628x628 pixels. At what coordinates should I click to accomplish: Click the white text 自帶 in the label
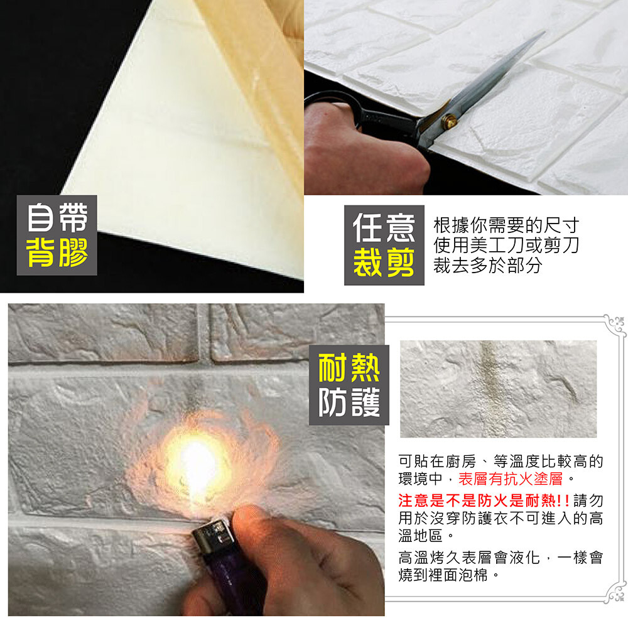57,217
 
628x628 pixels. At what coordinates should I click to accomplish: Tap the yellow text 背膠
57,252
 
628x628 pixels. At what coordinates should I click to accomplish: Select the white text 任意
384,227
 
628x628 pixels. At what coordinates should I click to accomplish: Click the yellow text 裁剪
384,262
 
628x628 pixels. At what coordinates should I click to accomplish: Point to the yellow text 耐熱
349,367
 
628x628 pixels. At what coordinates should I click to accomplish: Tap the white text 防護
349,402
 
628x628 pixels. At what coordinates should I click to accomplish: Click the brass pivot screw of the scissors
449,122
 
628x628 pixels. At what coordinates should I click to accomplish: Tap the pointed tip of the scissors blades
544,32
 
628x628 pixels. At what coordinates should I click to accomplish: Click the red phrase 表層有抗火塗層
510,479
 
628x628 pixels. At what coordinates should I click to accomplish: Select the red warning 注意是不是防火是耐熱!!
484,501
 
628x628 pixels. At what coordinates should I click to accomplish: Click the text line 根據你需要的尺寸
506,225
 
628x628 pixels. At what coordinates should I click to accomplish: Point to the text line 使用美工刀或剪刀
506,245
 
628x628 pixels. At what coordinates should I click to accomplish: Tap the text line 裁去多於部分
488,265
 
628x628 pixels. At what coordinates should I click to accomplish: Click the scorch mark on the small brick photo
489,384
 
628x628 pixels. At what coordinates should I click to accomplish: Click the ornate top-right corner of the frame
615,326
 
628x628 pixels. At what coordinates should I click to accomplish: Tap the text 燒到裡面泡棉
443,575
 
